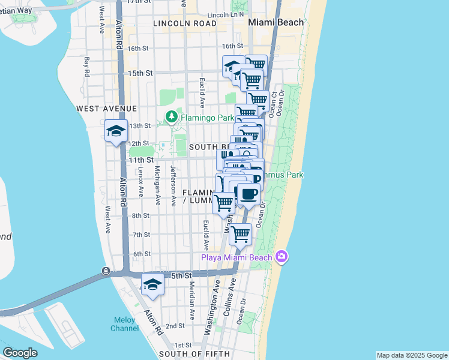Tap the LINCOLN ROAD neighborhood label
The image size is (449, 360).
click(x=184, y=23)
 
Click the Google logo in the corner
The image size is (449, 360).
click(x=20, y=353)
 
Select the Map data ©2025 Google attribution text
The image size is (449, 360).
click(x=411, y=355)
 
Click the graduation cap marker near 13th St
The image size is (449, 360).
click(x=115, y=131)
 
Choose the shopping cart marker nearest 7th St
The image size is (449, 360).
click(x=240, y=233)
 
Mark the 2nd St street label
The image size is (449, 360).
click(x=175, y=326)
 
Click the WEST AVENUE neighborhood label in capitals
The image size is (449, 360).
click(x=107, y=109)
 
